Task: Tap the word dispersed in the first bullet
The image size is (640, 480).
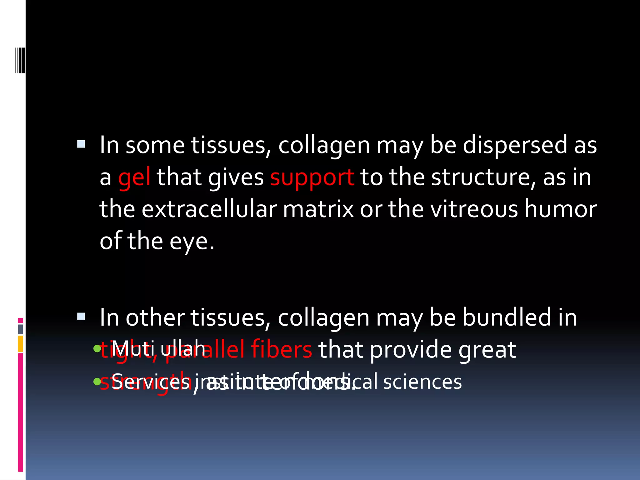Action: [515, 145]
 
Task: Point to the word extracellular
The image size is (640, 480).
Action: [209, 209]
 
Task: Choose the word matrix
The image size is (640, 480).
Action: [318, 209]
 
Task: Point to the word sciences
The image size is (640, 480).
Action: [422, 382]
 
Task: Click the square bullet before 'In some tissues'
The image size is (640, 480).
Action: [81, 144]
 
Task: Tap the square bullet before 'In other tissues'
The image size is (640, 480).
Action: [81, 317]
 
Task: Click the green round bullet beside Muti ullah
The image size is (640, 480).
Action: [97, 348]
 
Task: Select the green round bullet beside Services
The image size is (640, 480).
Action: [97, 381]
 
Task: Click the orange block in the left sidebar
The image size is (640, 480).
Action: [20, 344]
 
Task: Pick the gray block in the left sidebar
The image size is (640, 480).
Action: [20, 329]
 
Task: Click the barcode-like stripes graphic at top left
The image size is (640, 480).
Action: [20, 60]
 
